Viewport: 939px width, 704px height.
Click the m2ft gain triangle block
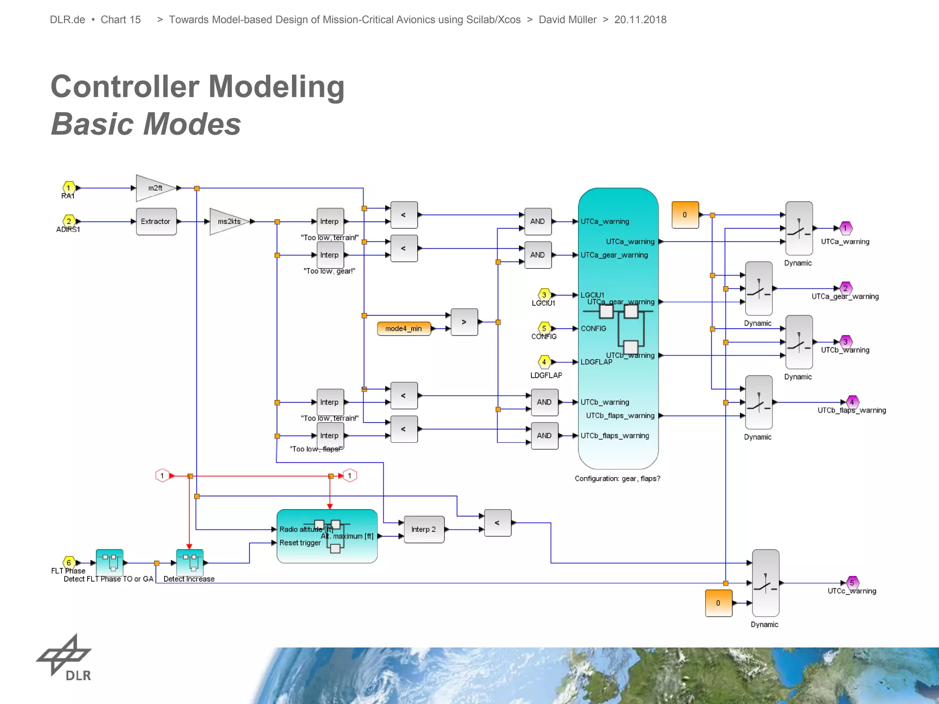coord(154,188)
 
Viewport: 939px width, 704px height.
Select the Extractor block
coord(156,221)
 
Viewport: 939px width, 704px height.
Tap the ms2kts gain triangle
coord(228,221)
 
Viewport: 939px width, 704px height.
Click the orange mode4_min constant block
coord(403,329)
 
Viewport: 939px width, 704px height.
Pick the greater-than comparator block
coord(464,322)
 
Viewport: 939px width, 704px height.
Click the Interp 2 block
coord(424,529)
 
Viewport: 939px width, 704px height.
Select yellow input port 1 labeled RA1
coord(69,187)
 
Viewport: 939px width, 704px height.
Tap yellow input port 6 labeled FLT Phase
coord(69,562)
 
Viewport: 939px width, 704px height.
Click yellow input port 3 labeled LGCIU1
coord(544,295)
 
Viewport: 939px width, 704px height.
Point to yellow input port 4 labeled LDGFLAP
coord(544,362)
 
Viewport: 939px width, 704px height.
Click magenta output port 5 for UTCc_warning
coord(852,583)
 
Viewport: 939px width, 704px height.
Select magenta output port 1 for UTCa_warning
coord(845,228)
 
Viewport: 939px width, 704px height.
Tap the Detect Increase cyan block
coord(190,562)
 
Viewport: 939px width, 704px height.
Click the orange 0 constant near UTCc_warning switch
coord(718,603)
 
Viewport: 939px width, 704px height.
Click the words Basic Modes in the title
coord(146,124)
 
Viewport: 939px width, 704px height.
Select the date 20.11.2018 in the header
coord(640,20)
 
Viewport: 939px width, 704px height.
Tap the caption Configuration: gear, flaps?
coord(617,478)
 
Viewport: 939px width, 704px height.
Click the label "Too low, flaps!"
coord(316,449)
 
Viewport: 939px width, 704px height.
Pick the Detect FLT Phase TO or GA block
coord(110,562)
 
